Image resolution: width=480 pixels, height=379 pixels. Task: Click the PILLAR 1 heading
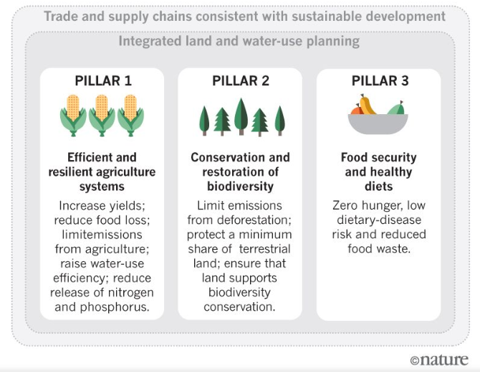102,81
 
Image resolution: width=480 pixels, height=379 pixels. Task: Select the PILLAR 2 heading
241,81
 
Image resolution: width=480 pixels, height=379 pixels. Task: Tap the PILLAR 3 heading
379,81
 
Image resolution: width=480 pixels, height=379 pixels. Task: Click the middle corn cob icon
102,114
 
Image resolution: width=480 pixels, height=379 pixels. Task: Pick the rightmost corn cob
130,114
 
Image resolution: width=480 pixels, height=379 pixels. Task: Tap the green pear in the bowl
396,108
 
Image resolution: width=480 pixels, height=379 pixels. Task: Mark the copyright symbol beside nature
415,360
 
